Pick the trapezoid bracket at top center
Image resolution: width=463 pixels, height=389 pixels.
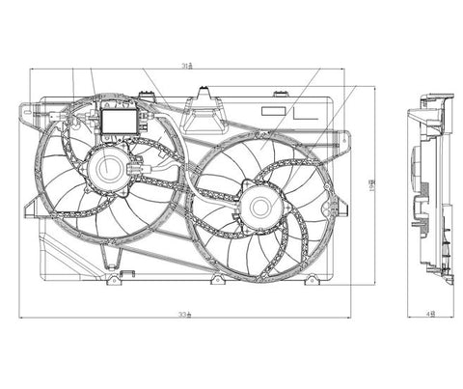204,113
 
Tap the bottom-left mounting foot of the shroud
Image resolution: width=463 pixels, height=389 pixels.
114,279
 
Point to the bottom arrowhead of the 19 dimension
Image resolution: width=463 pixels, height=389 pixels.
376,285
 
